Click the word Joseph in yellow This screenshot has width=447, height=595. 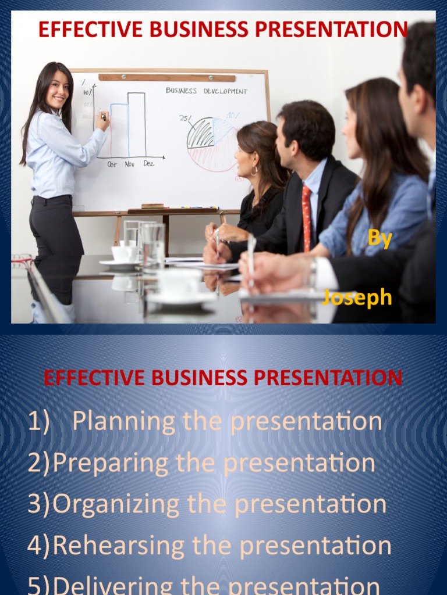(357, 297)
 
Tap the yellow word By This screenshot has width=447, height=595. (380, 239)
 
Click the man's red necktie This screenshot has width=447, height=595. (306, 217)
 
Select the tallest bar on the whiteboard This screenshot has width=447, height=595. (137, 124)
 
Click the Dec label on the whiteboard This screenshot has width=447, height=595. (149, 164)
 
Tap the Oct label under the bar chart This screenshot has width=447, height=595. (112, 164)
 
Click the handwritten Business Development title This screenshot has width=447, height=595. (206, 91)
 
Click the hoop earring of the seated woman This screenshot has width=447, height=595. (254, 170)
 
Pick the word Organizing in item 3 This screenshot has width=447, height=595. (115, 504)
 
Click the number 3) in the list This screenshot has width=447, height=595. (38, 504)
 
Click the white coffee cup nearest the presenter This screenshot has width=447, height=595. (123, 253)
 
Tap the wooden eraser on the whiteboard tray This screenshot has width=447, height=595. (152, 206)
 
